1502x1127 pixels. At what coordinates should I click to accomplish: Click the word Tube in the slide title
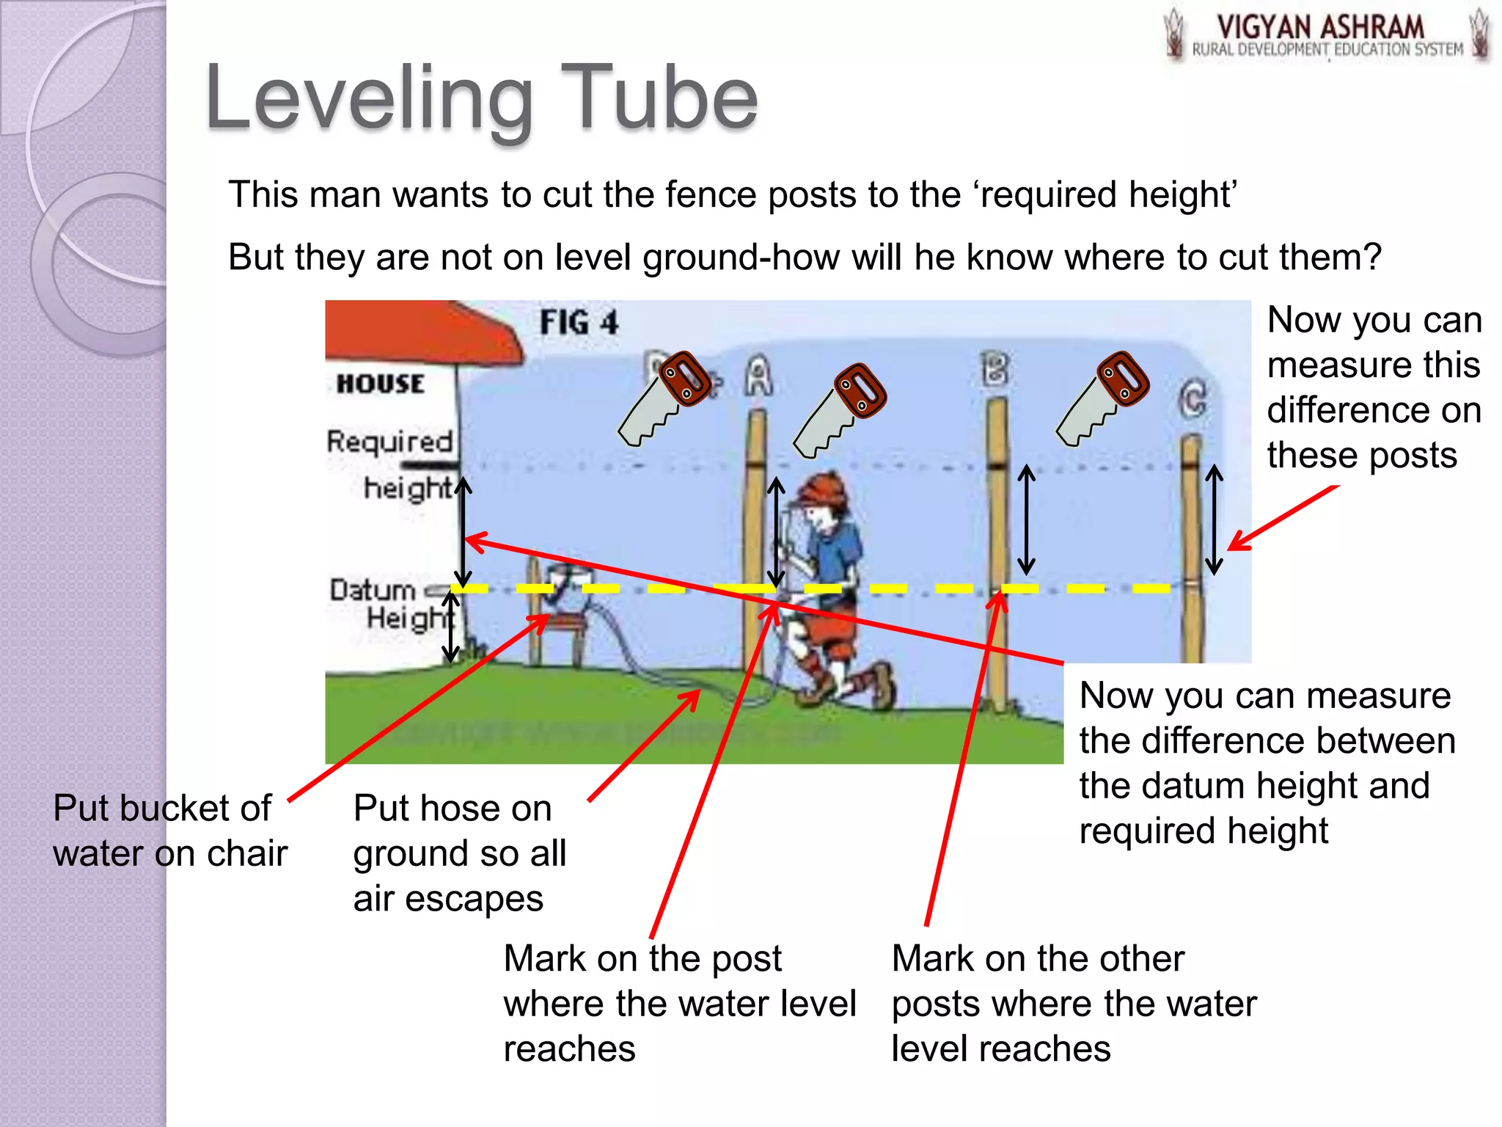662,98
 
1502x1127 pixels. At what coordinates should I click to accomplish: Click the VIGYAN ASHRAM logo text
1320,28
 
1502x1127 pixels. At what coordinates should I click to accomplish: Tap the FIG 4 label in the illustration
579,323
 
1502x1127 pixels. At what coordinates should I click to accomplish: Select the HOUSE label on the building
380,384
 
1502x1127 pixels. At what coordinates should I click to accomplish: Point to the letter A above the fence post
759,376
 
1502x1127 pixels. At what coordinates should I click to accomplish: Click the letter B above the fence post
995,369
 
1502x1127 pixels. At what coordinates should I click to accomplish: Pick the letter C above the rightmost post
1193,399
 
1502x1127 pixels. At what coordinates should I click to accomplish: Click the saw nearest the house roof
664,398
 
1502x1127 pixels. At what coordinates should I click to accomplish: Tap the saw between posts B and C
1103,398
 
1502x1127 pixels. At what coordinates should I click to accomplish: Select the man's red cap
825,487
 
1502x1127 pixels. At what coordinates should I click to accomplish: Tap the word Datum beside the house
372,590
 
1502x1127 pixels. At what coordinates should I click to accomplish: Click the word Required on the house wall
389,442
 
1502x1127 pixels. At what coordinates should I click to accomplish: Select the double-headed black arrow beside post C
1215,519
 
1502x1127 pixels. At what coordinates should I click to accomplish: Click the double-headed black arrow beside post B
1027,519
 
